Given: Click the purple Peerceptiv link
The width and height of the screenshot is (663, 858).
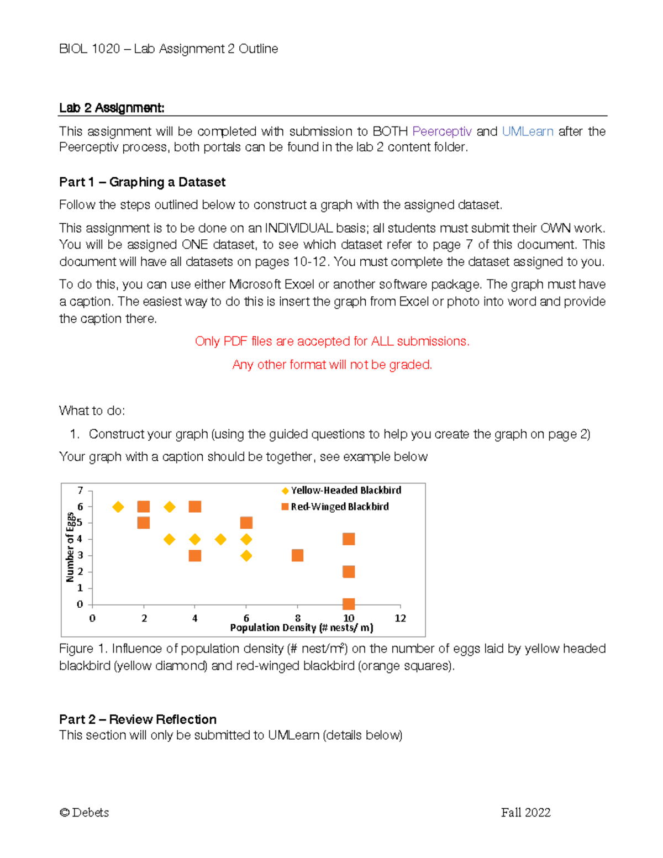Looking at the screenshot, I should (441, 131).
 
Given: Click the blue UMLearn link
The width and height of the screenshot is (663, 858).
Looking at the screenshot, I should (527, 131).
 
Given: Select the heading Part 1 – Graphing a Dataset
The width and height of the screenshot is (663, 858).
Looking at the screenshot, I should (142, 182).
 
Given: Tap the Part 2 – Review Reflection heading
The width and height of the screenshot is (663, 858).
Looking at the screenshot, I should (138, 719).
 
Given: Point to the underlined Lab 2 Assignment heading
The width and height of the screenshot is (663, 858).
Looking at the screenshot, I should (112, 108).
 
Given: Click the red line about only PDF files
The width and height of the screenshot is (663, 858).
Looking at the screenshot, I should (332, 341).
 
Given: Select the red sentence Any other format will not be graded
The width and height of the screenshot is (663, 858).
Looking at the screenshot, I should (332, 365).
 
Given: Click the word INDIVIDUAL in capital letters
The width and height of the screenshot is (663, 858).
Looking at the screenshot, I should (298, 228).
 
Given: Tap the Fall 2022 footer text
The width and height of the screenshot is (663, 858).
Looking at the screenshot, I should (525, 812).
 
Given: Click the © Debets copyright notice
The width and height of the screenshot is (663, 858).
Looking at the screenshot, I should (84, 812).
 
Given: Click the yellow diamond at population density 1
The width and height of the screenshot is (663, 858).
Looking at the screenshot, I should (118, 507).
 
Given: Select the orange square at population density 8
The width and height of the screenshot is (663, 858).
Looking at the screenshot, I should (297, 555).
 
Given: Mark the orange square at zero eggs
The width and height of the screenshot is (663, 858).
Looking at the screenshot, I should (348, 603).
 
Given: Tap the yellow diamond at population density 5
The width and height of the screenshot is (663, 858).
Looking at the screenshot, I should (220, 539).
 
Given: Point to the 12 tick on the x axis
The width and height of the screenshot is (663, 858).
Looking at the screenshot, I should (400, 618).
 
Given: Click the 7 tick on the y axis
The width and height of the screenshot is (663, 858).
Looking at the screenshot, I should (80, 491).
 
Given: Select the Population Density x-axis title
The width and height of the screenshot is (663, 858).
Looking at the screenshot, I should (301, 628).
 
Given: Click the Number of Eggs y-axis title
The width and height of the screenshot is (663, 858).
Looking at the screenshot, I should (70, 547).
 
